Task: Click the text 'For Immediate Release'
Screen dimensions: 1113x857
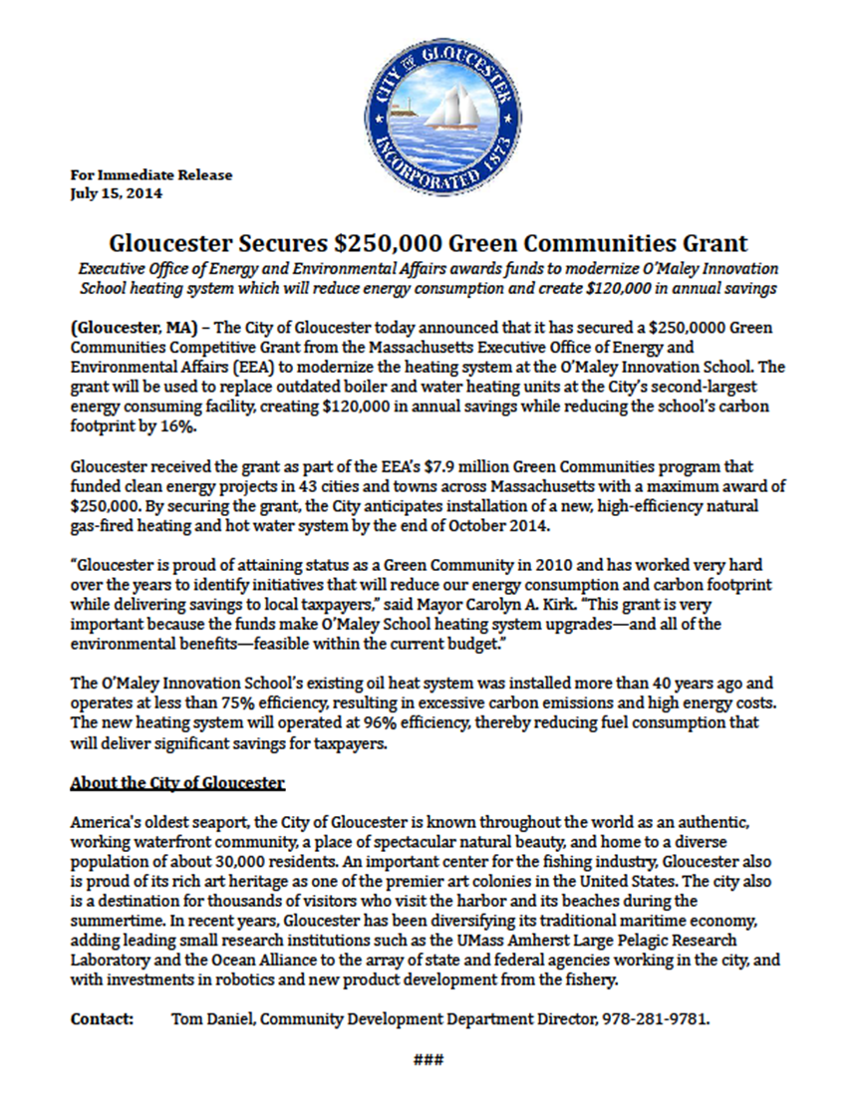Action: click(151, 175)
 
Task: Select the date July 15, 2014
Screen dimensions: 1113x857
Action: click(117, 193)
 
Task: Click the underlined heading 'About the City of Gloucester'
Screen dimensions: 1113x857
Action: click(177, 783)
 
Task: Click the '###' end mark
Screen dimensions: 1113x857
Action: click(428, 1059)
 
